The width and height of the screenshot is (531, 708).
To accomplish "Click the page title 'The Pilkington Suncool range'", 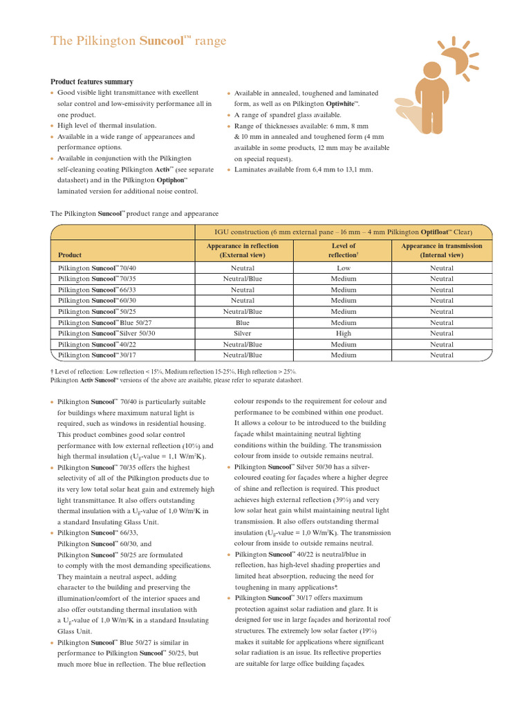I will coord(138,41).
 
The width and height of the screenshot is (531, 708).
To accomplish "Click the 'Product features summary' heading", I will coord(91,82).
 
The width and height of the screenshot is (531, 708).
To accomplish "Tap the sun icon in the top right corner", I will coord(458,57).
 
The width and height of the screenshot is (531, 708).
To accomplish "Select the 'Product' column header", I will coord(70,255).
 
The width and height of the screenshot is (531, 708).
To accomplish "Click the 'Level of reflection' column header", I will coord(343,250).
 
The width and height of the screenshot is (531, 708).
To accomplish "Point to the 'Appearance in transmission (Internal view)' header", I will coord(442,250).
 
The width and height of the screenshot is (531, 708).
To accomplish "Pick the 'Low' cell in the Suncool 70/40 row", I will coord(344,268).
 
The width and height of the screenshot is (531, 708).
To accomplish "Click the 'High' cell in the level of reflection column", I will coord(344,333).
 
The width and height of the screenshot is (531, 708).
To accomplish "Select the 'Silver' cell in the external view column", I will coord(243,333).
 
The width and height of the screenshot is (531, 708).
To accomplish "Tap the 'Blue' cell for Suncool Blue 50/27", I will coord(243,323).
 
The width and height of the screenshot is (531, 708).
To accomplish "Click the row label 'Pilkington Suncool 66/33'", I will coord(97,290).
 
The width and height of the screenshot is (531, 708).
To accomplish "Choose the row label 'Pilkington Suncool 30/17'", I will coord(97,355).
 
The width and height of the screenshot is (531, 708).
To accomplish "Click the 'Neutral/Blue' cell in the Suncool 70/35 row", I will coord(243,279).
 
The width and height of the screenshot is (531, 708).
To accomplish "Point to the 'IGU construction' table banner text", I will coord(343,232).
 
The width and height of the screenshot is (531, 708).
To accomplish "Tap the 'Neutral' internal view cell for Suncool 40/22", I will coord(442,344).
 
